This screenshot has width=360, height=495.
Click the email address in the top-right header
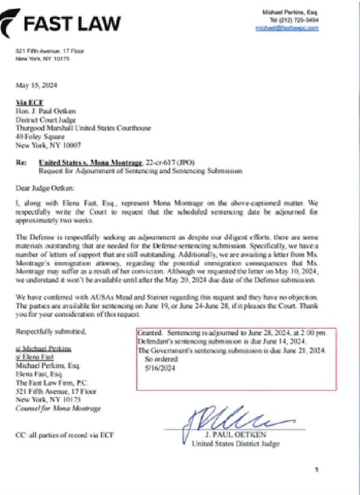(x=287, y=28)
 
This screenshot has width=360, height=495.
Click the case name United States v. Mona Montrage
(x=90, y=163)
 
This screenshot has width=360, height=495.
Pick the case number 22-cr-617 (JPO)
(x=170, y=163)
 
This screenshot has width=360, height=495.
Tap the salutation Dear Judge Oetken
(x=47, y=188)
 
